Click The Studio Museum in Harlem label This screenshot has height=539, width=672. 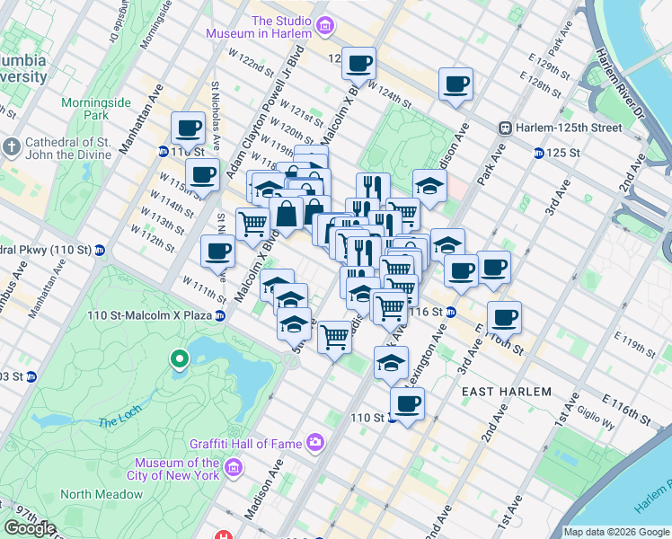281,27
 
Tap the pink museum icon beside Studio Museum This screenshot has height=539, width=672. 325,27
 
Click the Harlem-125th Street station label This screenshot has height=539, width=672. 567,128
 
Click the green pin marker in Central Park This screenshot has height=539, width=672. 180,359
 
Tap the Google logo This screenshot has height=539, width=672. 31,528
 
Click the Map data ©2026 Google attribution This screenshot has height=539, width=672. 615,532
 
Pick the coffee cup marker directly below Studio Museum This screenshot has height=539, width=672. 358,64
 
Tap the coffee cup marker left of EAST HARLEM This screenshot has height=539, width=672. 407,403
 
